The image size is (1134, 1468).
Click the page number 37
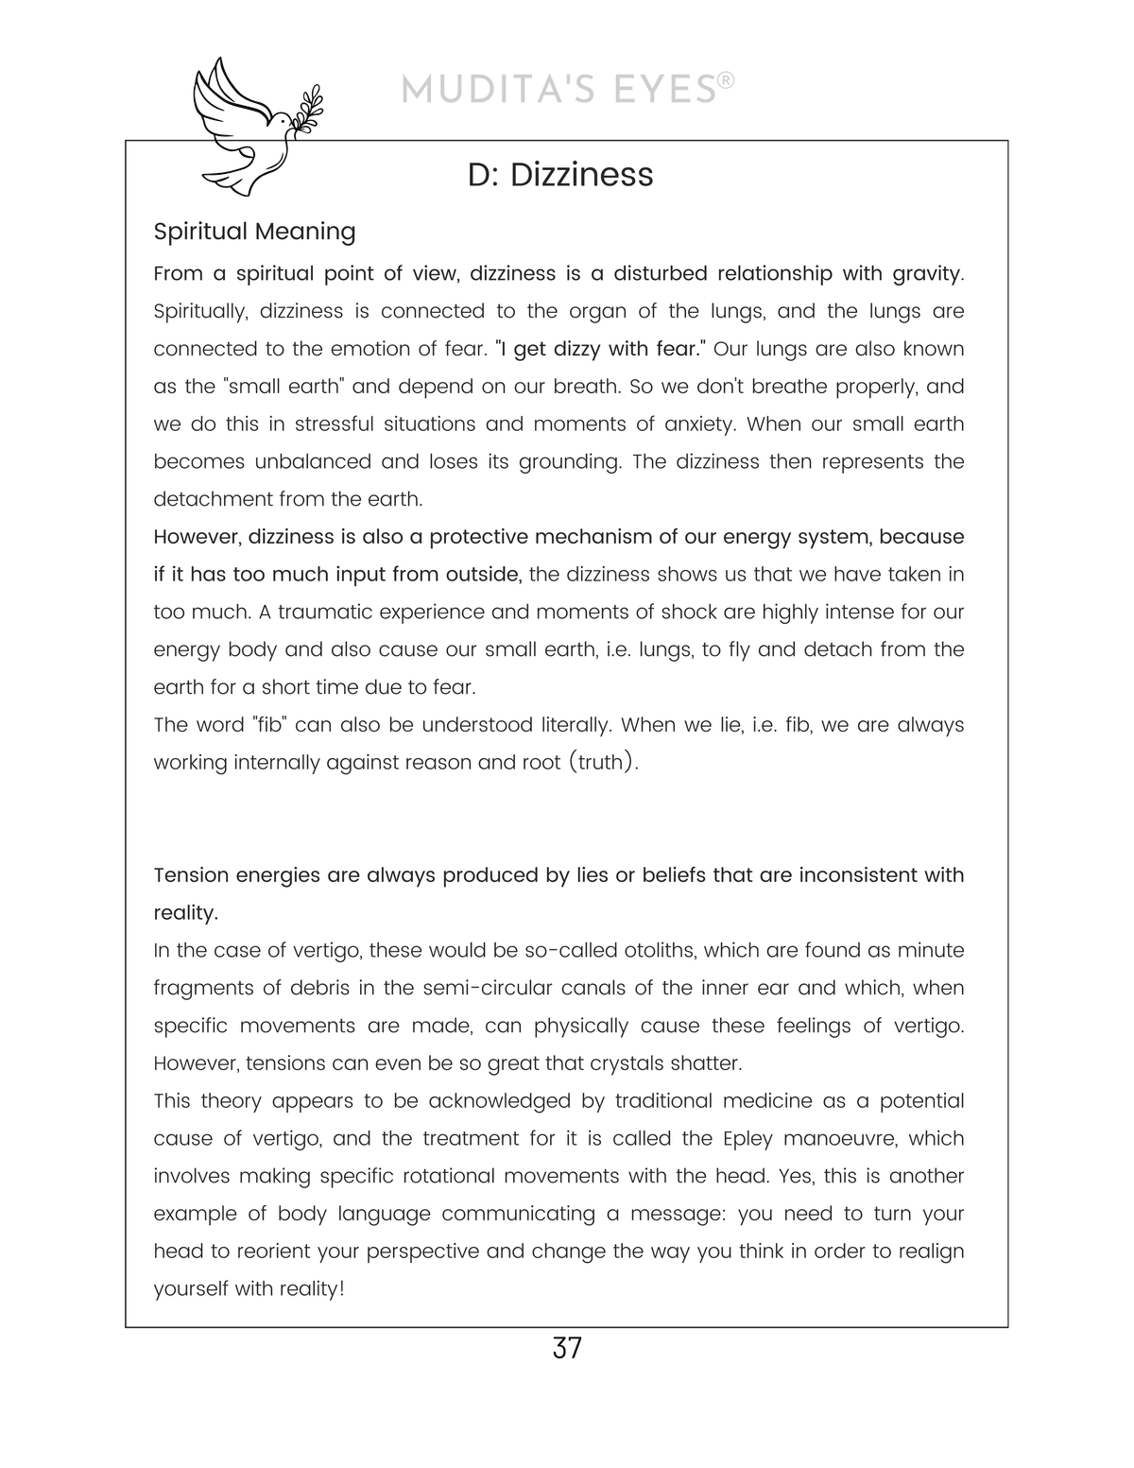pos(567,1348)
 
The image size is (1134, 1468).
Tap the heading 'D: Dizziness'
pos(560,175)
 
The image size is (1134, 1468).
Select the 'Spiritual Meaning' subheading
pos(254,232)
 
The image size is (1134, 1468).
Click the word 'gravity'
pos(926,274)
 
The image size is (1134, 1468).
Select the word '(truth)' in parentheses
pos(603,763)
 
